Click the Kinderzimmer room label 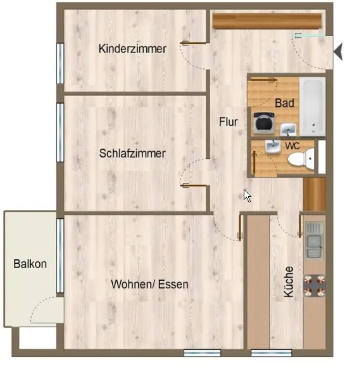[x=132, y=49]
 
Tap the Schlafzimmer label [x=132, y=154]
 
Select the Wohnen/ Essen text [x=149, y=284]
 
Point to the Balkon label [x=30, y=264]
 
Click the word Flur [x=229, y=122]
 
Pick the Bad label [x=284, y=103]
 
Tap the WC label [x=292, y=146]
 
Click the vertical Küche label [x=289, y=282]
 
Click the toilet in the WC [x=301, y=158]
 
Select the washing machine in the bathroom [x=264, y=123]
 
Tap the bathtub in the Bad [x=312, y=106]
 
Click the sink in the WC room [x=273, y=147]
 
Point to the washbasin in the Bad [x=288, y=129]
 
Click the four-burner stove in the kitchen [x=315, y=286]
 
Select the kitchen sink [x=315, y=240]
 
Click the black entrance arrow [x=338, y=52]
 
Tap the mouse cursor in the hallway [x=248, y=196]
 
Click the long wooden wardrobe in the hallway [x=267, y=21]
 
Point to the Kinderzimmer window [x=60, y=63]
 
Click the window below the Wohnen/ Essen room [x=202, y=352]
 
